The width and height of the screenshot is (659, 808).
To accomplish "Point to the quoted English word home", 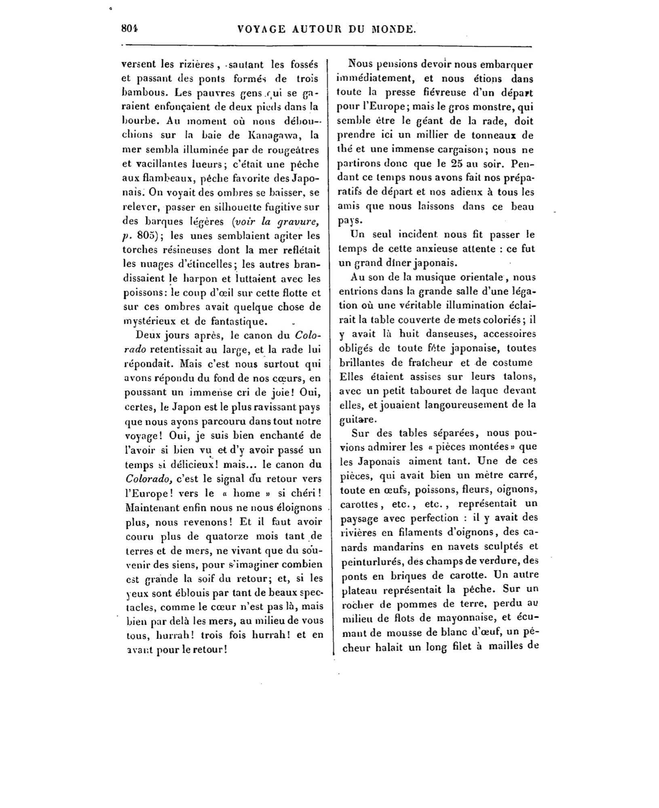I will tap(247, 493).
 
